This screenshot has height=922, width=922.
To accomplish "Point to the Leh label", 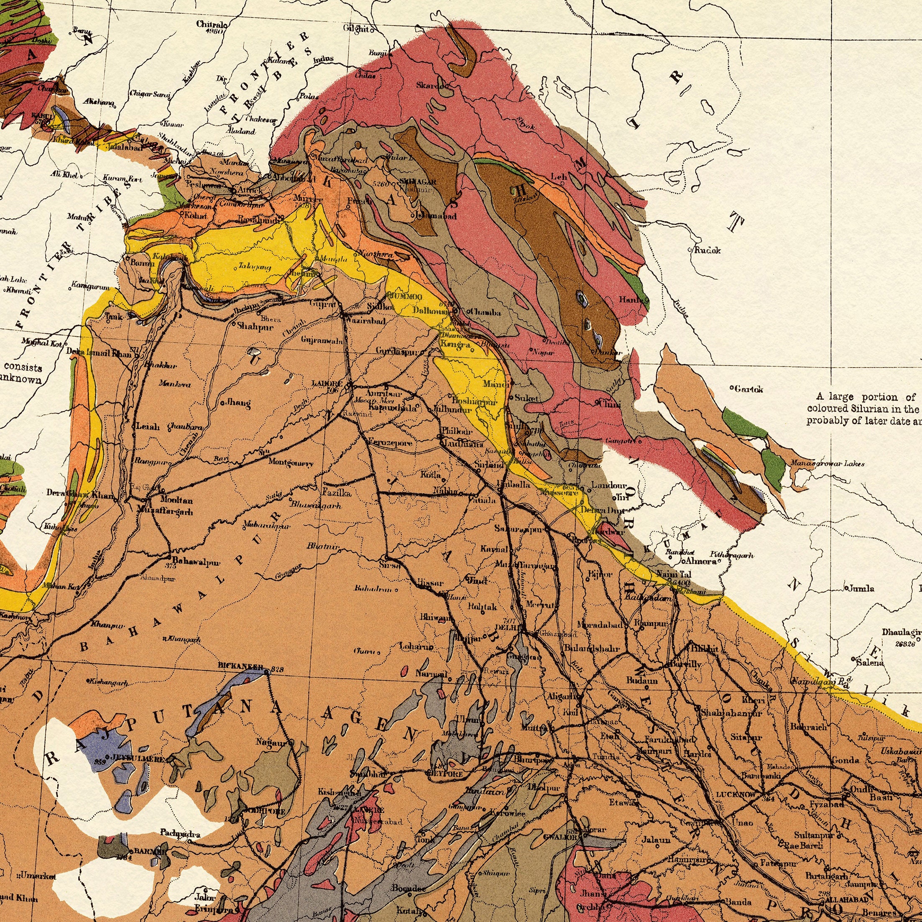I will coord(558,177).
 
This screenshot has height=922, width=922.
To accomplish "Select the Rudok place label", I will coord(707,250).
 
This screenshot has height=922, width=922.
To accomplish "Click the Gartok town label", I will coord(749,389).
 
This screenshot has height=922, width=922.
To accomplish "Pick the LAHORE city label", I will coord(327,383).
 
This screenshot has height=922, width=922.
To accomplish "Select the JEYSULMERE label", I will coord(139,758).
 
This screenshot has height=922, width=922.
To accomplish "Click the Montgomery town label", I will coord(290,462).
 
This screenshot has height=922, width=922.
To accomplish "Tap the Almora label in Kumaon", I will coord(702,561).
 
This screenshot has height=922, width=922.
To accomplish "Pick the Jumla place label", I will coord(861,588).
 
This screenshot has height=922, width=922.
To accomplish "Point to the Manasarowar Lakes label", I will coord(827,463).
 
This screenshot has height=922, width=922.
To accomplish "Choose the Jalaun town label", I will coord(656,840).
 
